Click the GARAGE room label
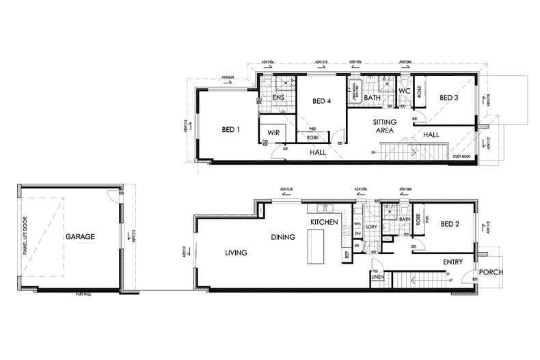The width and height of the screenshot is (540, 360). click(x=80, y=237)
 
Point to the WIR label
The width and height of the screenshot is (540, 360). click(x=273, y=131)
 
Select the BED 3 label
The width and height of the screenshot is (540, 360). click(x=448, y=98)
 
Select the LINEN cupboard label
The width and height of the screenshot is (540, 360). click(x=377, y=277)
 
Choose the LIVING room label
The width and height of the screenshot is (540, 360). click(x=236, y=253)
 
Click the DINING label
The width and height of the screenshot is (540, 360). click(x=282, y=238)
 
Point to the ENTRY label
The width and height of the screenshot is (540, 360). click(x=453, y=262)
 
